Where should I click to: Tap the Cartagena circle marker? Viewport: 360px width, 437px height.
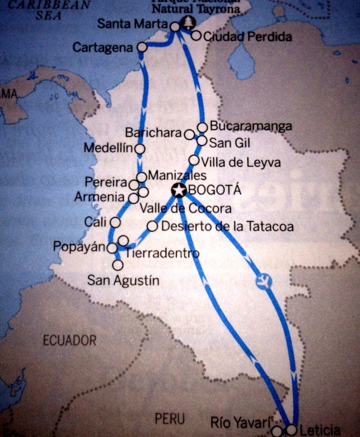143,47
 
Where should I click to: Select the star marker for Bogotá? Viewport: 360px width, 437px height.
178,190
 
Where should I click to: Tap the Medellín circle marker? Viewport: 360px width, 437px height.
139,149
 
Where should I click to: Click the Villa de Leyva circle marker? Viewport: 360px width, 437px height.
194,160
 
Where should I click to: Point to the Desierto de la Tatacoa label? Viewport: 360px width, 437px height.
226,226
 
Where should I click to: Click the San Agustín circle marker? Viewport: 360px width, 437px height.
118,266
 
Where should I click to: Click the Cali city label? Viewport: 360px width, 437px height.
96,222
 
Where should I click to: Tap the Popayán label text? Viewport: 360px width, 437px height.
81,247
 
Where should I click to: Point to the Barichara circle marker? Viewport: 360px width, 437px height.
189,135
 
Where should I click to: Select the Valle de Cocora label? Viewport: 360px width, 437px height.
186,209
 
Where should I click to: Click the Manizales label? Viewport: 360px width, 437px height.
177,176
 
